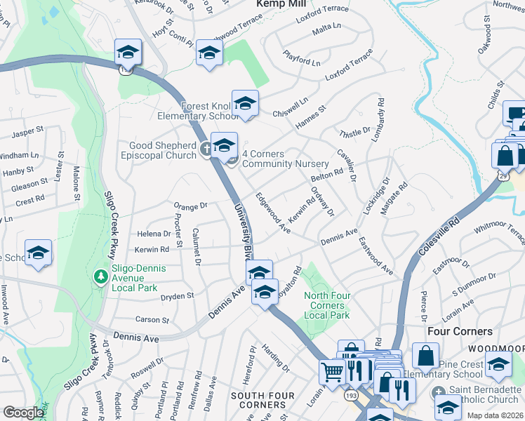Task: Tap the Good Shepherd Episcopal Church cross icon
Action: click(206, 148)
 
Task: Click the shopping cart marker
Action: click(331, 371)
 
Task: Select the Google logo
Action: click(23, 412)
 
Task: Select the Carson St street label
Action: click(152, 320)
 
